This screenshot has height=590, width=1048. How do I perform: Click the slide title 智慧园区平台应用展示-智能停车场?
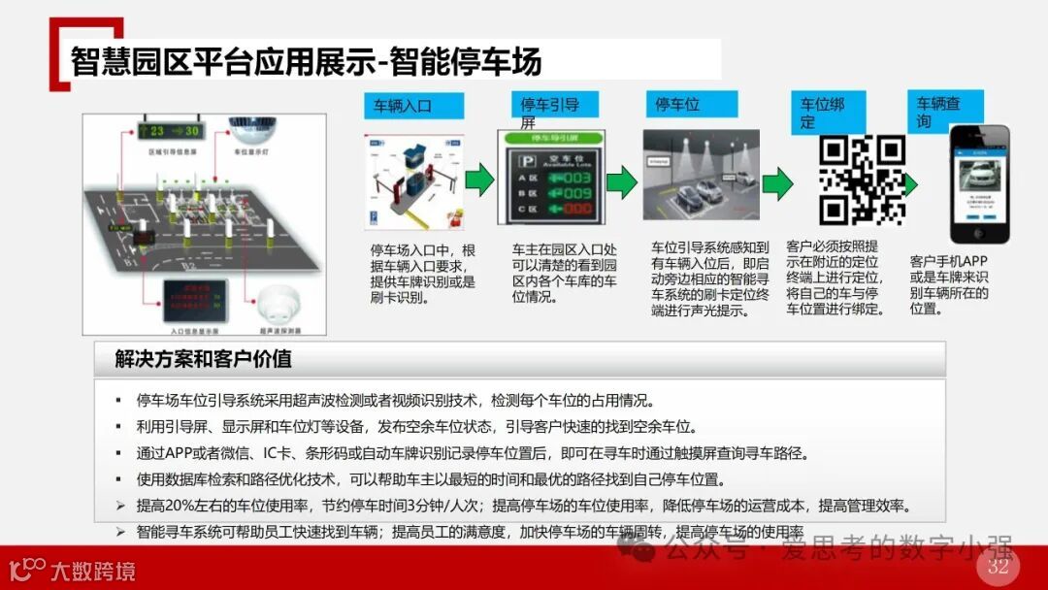point(306,62)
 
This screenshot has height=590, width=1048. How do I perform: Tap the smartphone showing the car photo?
point(978,183)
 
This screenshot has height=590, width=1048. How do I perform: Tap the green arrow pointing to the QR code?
point(776,182)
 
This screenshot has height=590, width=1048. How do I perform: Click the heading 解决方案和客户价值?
point(204,359)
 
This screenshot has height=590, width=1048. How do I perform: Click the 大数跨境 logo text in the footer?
point(92,570)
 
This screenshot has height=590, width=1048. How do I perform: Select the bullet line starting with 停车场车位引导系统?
point(397,400)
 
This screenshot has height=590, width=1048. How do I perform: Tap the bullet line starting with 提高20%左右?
point(523,506)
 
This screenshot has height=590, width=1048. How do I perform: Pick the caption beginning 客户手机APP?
point(950,285)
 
